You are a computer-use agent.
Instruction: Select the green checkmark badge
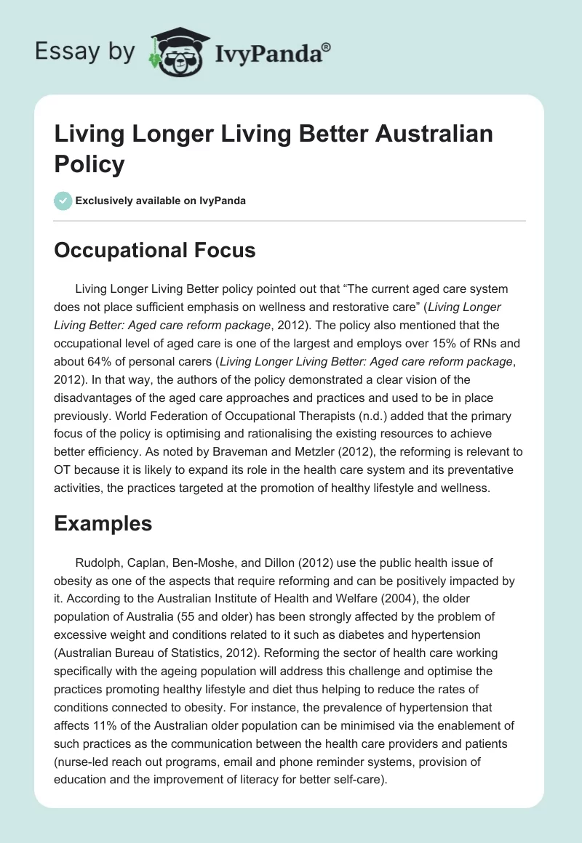click(x=63, y=201)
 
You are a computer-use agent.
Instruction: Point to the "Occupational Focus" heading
click(x=155, y=251)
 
